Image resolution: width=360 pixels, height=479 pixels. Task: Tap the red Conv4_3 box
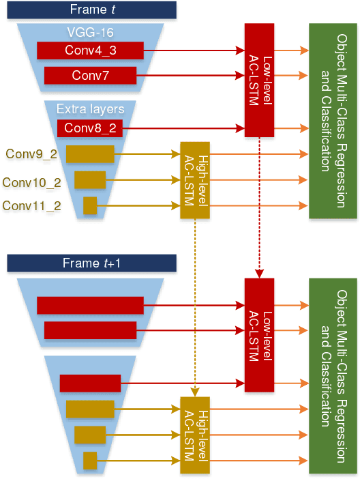point(90,50)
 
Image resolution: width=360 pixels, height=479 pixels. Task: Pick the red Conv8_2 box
point(89,128)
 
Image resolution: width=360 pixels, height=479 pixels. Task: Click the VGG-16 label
point(89,31)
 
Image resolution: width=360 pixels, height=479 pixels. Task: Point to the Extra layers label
point(89,109)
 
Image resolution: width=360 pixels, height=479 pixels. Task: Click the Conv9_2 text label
point(31,154)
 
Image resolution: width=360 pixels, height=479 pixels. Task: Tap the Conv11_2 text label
point(31,205)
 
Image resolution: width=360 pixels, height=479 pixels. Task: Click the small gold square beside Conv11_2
point(90,205)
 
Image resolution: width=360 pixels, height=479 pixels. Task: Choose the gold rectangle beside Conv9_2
point(90,154)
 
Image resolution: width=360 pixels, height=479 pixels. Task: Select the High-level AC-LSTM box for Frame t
point(194,180)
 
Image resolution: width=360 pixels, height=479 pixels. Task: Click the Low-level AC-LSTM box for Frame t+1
point(259,334)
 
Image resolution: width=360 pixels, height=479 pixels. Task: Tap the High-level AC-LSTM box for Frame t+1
point(194,434)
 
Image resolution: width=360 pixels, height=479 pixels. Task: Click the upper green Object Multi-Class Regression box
point(333,121)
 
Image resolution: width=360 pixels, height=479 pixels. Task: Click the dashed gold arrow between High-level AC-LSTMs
point(195,307)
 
